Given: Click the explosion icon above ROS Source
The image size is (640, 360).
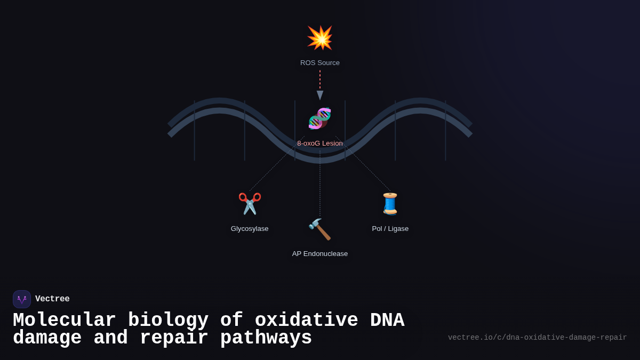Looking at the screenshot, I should [x=320, y=38].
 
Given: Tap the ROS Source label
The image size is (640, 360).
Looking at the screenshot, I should [x=320, y=63].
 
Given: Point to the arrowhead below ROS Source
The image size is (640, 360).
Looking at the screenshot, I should [x=320, y=95].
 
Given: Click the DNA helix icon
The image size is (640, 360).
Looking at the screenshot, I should [x=320, y=118].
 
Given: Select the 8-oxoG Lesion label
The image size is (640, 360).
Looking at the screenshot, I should [x=320, y=143].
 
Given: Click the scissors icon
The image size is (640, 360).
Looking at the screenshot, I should [x=250, y=204].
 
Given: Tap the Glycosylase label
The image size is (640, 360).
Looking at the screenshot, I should [x=250, y=229].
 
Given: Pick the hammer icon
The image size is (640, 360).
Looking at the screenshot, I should [x=320, y=229].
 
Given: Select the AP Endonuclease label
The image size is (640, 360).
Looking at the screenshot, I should [x=320, y=254].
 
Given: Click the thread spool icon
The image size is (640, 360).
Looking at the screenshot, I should [x=390, y=204].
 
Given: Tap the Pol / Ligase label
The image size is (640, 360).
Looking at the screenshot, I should [x=390, y=229].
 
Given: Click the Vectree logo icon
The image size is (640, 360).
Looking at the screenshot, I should [x=22, y=299].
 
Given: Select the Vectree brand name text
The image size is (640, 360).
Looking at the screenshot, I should [x=52, y=299].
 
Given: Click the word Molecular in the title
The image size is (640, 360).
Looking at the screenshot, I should [x=65, y=321].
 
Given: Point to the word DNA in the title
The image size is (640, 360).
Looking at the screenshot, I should [x=387, y=321].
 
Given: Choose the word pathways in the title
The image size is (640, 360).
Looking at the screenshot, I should [x=266, y=338].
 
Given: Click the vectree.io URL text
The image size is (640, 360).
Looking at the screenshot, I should [x=537, y=338].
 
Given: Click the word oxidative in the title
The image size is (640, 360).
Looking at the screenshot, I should [x=307, y=321].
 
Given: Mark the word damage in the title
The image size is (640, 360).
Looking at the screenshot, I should [x=47, y=338].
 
